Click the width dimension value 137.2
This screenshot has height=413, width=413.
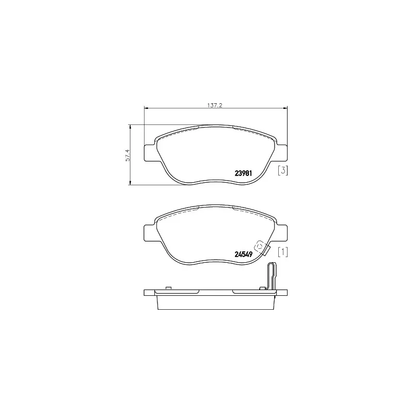click(215, 105)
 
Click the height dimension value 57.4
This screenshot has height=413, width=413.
click(128, 155)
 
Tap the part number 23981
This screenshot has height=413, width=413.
click(243, 173)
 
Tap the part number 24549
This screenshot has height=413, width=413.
click(243, 254)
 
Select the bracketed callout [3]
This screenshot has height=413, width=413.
click(282, 170)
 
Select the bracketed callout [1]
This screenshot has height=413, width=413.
click(282, 252)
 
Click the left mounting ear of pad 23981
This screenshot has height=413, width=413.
click(150, 153)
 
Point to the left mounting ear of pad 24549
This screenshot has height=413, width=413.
click(150, 233)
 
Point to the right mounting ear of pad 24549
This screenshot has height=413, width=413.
click(281, 233)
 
